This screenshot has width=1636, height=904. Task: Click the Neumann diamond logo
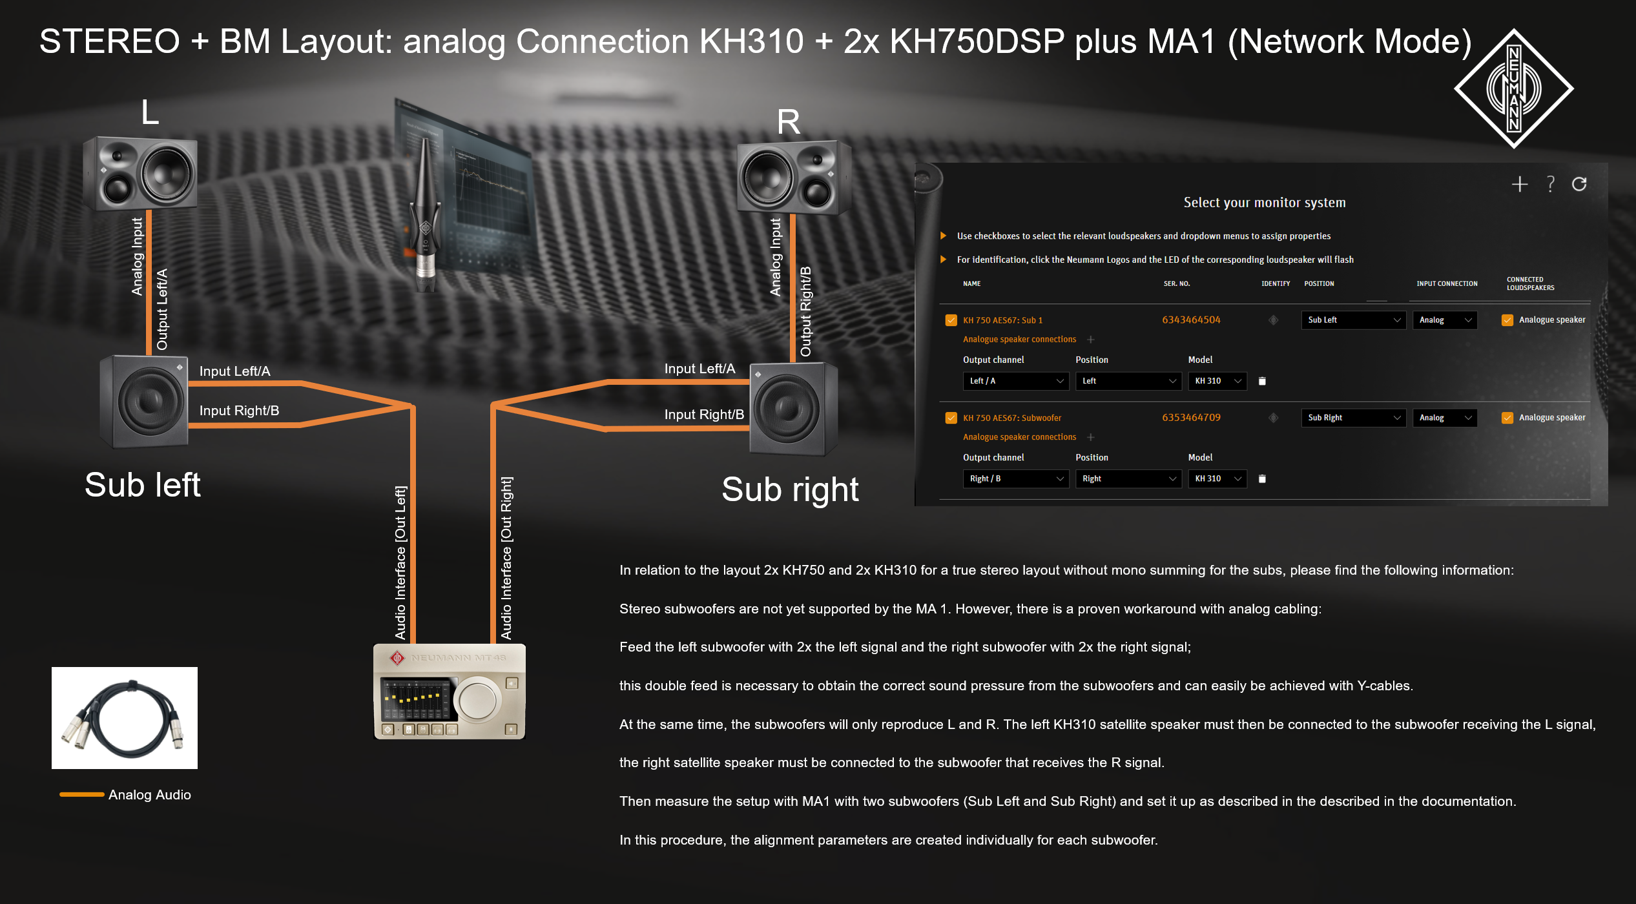1513,88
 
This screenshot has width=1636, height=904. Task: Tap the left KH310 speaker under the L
140,173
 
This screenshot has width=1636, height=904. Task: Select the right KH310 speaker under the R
793,177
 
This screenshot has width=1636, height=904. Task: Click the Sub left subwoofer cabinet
145,402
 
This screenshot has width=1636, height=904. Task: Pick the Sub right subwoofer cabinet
792,409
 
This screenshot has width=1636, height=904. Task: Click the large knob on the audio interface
477,699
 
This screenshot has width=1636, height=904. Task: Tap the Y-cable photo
125,717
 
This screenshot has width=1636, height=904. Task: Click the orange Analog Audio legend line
82,794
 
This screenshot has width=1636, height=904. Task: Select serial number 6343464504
1191,320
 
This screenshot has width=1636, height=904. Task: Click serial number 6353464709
1191,417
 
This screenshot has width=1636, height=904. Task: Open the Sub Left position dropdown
1353,320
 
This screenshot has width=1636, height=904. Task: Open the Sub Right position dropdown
1353,418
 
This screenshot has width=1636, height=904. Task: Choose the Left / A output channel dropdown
1015,381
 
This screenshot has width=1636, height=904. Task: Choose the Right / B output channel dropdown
1015,478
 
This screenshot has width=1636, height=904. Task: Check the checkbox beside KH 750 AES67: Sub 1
951,320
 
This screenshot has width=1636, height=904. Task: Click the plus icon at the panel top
1520,184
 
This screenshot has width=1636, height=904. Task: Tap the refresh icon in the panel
1579,184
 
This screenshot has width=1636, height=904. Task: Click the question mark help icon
1550,184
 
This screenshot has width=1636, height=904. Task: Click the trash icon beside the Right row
1262,478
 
